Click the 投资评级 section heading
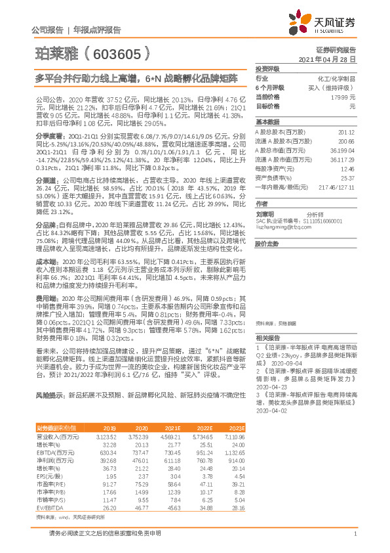267,68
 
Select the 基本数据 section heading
267,122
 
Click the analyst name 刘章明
265,213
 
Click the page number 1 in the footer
353,533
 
